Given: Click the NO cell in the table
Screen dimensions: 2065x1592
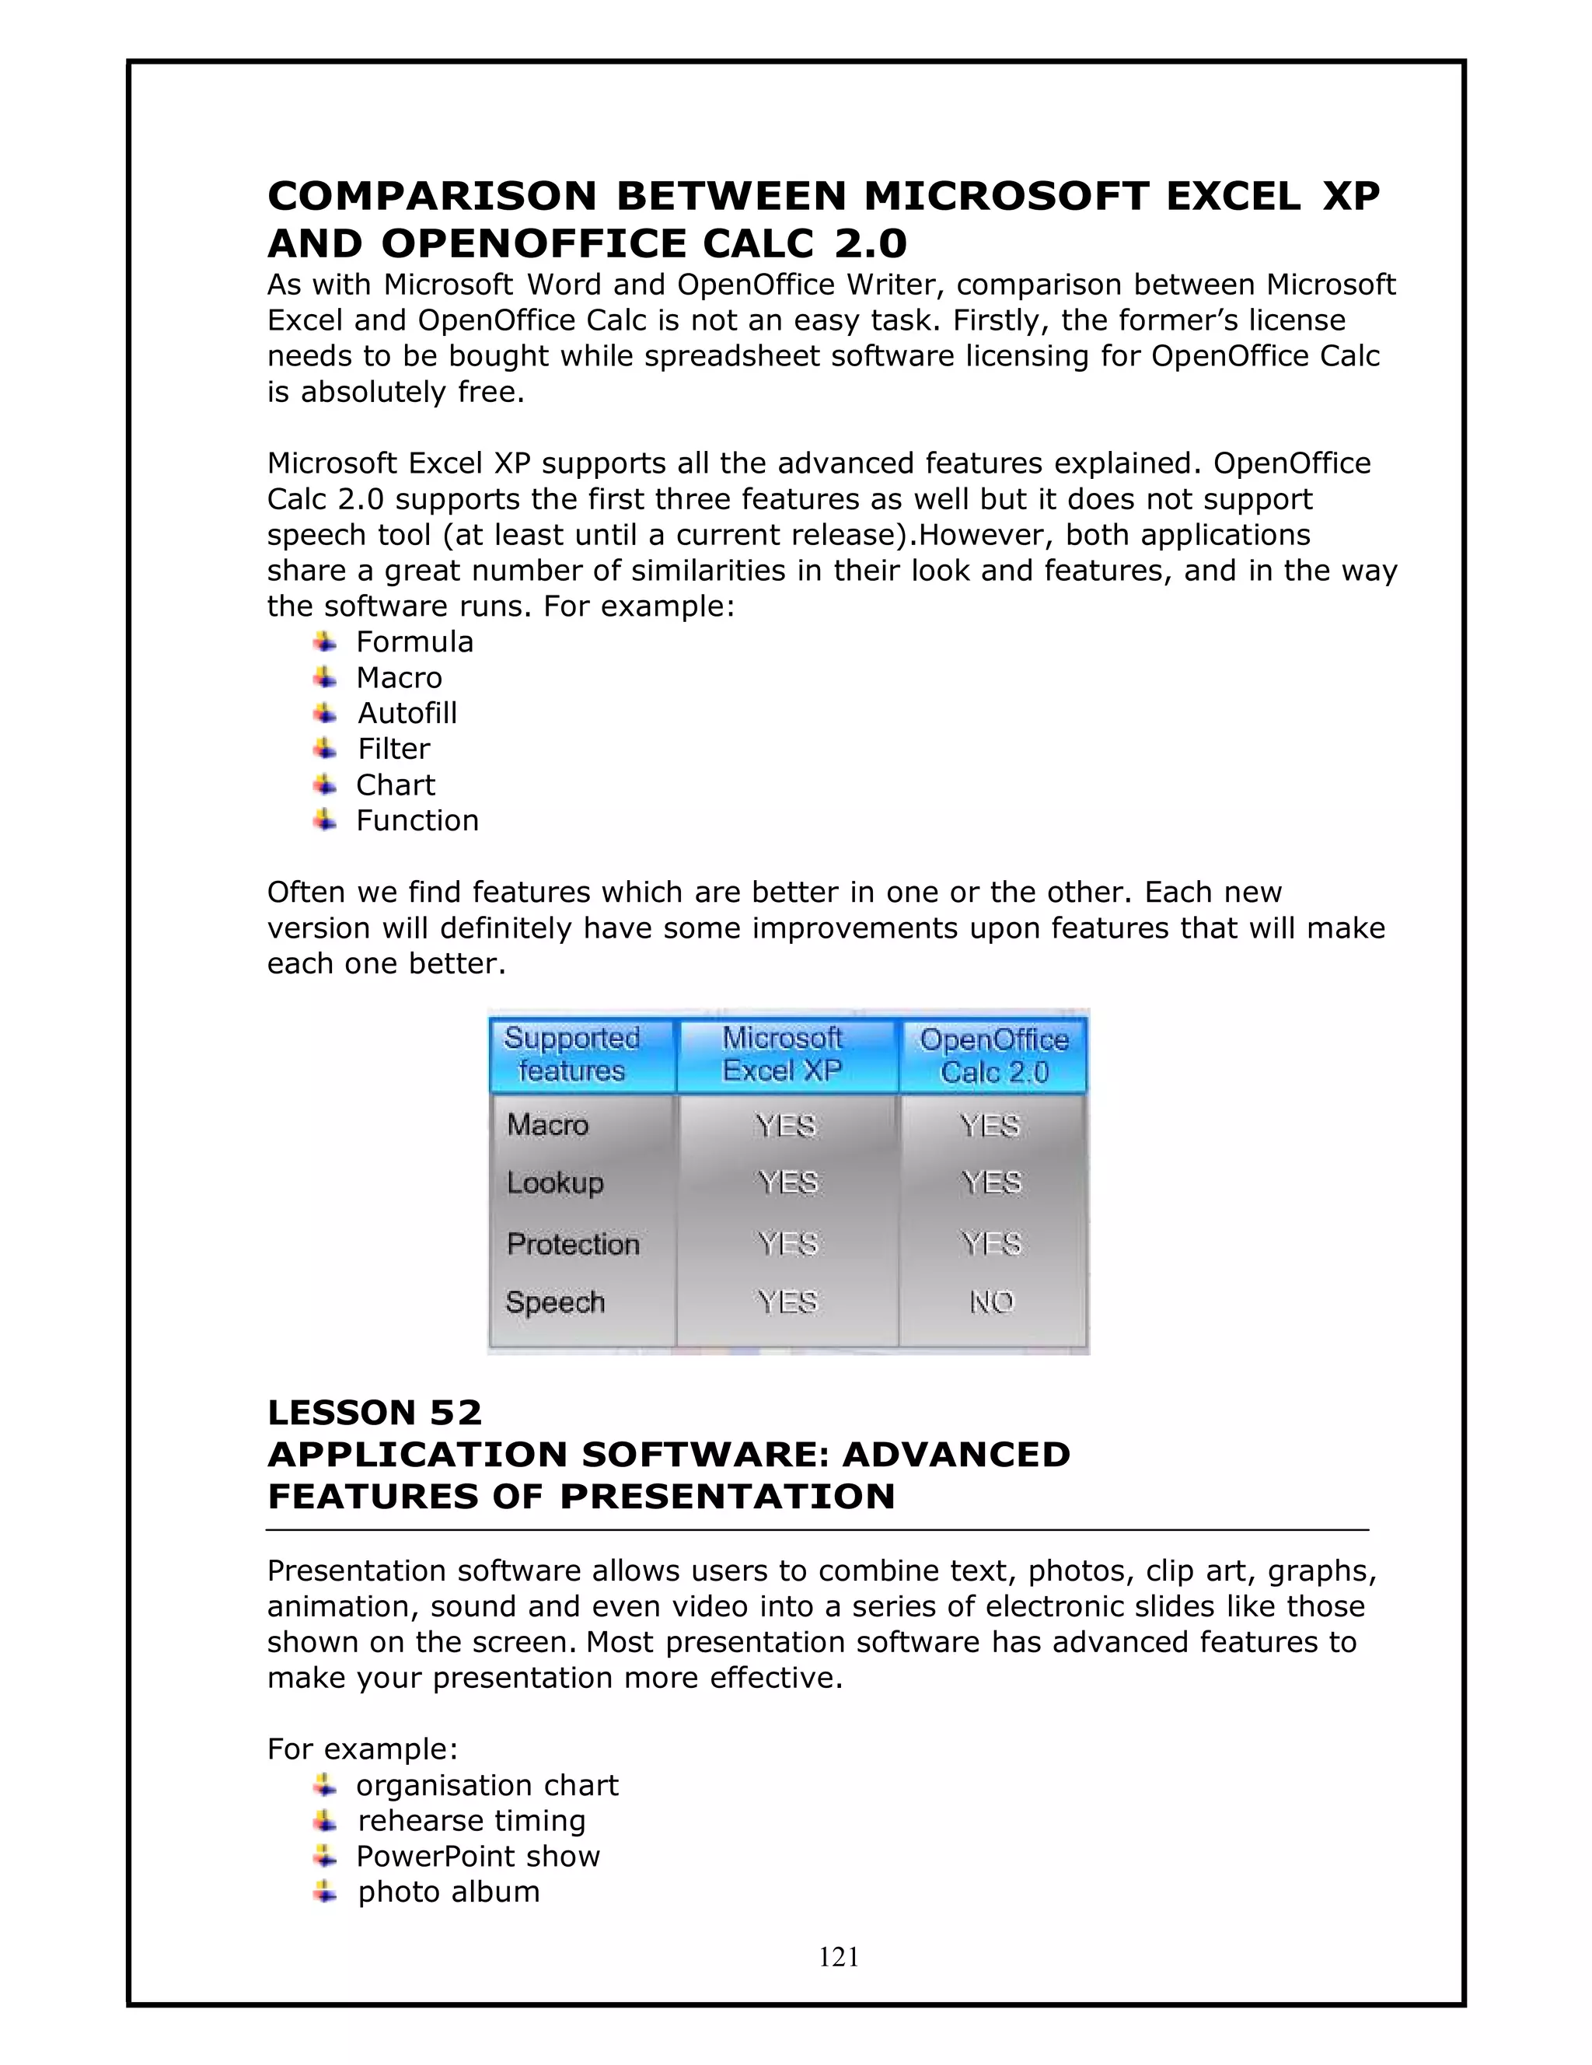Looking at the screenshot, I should [991, 1302].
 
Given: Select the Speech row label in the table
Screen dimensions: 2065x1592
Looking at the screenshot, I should [555, 1302].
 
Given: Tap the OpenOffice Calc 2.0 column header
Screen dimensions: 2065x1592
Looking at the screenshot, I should [993, 1055].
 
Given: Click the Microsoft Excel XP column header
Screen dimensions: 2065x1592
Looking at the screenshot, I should [782, 1053].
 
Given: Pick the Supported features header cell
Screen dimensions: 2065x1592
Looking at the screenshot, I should [572, 1053].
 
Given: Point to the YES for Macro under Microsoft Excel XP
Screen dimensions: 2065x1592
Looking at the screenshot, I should [786, 1125].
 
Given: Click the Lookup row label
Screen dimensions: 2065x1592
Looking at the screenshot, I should [555, 1183].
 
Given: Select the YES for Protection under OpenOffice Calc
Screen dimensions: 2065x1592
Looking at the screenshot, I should [991, 1242].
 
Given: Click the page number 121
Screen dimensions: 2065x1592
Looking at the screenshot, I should [839, 1956].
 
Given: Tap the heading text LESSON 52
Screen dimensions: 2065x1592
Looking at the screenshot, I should [375, 1413].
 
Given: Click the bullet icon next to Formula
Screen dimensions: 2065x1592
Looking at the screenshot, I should [324, 642].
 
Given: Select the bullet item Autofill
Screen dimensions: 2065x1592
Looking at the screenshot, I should [407, 713].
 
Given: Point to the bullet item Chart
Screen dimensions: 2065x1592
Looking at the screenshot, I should [395, 784].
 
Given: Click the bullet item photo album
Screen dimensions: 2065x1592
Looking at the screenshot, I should [448, 1891].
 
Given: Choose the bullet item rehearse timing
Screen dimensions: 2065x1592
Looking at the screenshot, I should [471, 1820].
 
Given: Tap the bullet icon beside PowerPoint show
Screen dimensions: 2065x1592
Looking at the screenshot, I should [324, 1856].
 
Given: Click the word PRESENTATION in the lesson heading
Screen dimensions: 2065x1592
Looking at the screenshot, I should [726, 1497].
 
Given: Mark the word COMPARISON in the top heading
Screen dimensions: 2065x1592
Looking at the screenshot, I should [432, 196].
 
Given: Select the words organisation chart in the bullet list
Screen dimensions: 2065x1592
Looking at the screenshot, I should [487, 1785].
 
